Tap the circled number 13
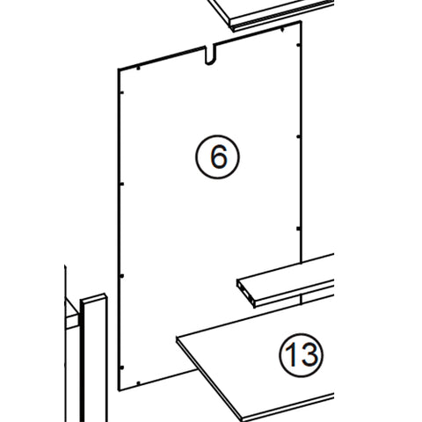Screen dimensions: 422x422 (301, 355)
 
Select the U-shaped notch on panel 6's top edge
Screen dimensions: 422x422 (211, 55)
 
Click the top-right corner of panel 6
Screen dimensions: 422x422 (302, 22)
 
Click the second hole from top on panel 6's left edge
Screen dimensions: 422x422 (122, 183)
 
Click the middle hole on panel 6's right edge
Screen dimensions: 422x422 (299, 136)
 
